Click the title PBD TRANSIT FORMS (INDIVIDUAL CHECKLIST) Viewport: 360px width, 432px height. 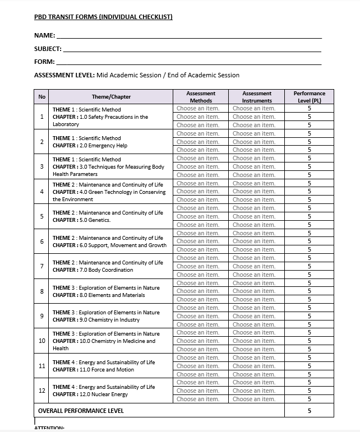tap(103, 17)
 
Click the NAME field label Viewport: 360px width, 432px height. tap(44, 35)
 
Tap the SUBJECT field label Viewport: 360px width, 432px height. tap(48, 49)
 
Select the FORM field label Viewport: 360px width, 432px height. tap(44, 62)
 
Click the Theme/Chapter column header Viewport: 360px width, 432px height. tap(111, 97)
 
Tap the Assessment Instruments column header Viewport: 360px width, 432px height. tap(256, 97)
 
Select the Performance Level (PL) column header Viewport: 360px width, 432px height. tap(309, 97)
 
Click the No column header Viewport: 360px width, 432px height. tap(41, 97)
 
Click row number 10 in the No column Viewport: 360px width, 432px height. tap(41, 341)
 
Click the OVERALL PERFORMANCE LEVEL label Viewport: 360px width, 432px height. tap(81, 411)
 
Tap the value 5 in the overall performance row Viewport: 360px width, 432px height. tap(309, 411)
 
